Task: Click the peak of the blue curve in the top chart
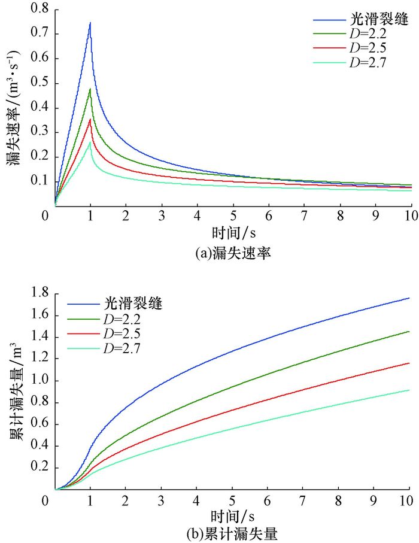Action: pyautogui.click(x=90, y=23)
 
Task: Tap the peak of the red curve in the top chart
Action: pyautogui.click(x=90, y=119)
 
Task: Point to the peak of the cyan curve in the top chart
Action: pyautogui.click(x=90, y=142)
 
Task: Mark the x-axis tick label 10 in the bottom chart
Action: pyautogui.click(x=410, y=500)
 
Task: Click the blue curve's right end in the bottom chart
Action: pyautogui.click(x=409, y=298)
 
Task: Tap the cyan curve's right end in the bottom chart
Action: pyautogui.click(x=409, y=390)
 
